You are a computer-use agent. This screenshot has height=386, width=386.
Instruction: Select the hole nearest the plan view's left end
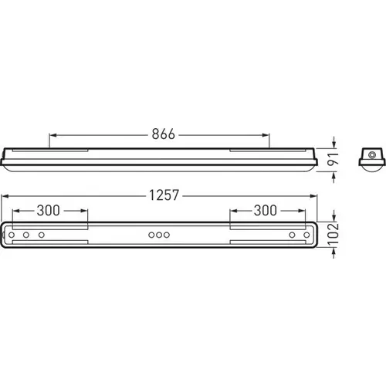[x=13, y=234]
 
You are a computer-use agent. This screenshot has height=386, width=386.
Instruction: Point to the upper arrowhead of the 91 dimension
[x=334, y=145]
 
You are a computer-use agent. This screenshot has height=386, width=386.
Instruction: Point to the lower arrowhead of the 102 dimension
[x=334, y=249]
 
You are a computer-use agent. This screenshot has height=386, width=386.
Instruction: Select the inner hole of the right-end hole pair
[x=292, y=234]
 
